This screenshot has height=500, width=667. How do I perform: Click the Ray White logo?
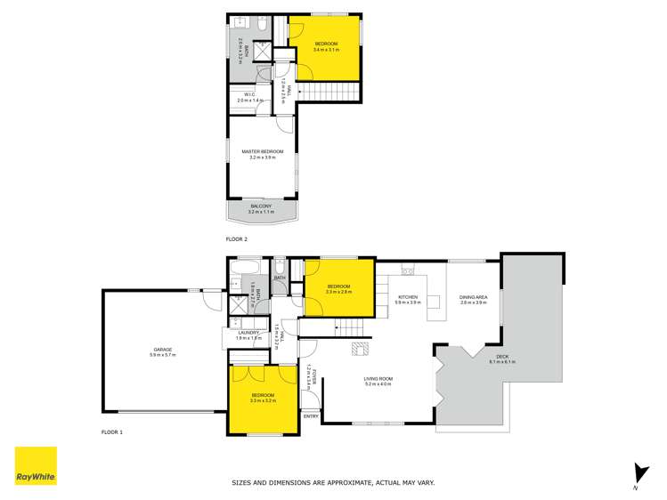[36, 465]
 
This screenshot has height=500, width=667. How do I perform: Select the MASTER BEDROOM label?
[263, 152]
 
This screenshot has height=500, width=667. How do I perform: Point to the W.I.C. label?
[250, 95]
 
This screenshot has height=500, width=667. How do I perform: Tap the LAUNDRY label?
[248, 333]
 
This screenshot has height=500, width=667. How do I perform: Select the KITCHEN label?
[408, 297]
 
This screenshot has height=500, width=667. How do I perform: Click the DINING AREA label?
[473, 297]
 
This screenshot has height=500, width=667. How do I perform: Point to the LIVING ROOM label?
[378, 379]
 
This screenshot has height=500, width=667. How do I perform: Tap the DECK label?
[502, 357]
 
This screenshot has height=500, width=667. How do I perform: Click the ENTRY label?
[311, 416]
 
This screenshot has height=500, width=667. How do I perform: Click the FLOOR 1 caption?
[112, 431]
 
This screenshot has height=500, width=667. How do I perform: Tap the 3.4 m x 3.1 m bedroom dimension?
[325, 50]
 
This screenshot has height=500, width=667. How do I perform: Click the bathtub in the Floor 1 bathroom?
[246, 267]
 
